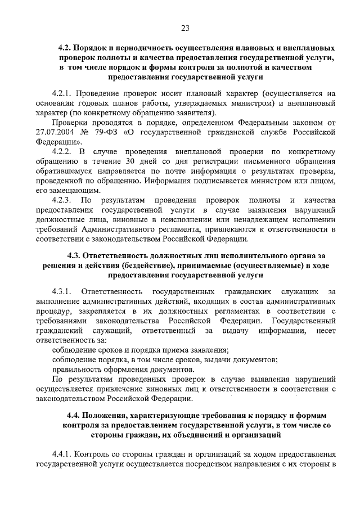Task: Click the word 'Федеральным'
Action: [x=254, y=123]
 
